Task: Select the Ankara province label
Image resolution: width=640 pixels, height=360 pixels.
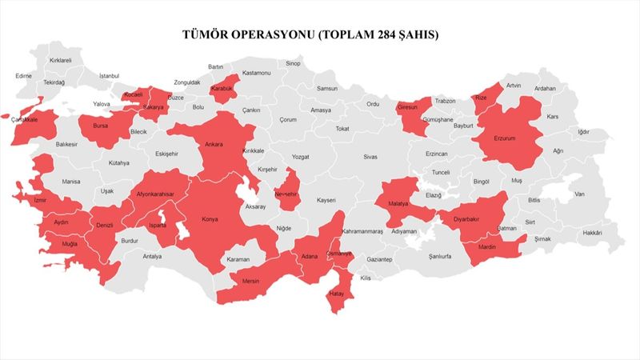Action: click(214, 145)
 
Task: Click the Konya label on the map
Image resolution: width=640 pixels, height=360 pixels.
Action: click(210, 219)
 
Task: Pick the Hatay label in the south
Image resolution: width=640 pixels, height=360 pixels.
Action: click(336, 294)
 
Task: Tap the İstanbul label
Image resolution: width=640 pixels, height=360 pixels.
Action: click(109, 75)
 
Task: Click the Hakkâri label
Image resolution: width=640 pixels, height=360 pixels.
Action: click(592, 233)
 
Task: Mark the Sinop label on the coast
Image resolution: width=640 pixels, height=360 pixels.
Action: click(293, 63)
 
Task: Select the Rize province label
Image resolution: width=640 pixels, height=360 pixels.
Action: click(481, 98)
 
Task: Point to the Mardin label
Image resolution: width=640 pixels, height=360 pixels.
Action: click(487, 246)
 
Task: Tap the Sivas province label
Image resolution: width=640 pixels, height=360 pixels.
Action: click(370, 157)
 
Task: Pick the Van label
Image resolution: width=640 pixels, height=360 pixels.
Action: click(579, 194)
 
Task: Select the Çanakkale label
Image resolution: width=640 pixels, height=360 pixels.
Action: click(25, 120)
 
